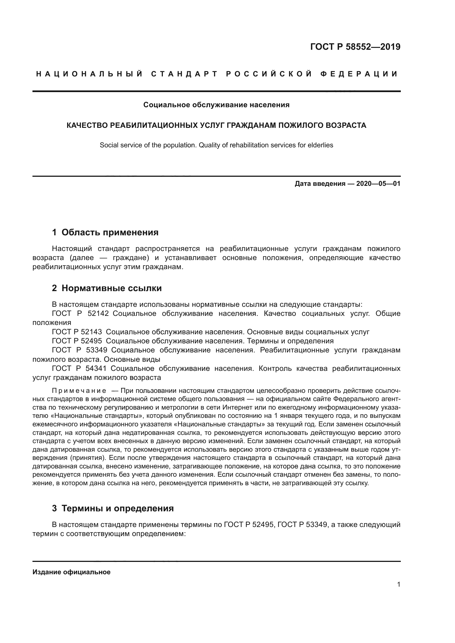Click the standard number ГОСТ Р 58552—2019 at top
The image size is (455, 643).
point(355,47)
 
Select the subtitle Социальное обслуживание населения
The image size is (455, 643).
point(216,105)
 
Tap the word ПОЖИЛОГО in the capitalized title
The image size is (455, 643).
point(301,125)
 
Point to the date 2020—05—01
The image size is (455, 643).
point(378,184)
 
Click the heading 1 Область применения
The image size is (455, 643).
point(105,232)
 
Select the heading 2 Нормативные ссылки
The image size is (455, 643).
point(107,288)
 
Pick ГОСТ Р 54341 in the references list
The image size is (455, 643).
point(79,368)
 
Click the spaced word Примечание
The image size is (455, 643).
point(79,391)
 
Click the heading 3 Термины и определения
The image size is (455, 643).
point(113,508)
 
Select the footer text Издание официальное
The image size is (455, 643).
point(72,572)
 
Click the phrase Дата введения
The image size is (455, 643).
point(320,184)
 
